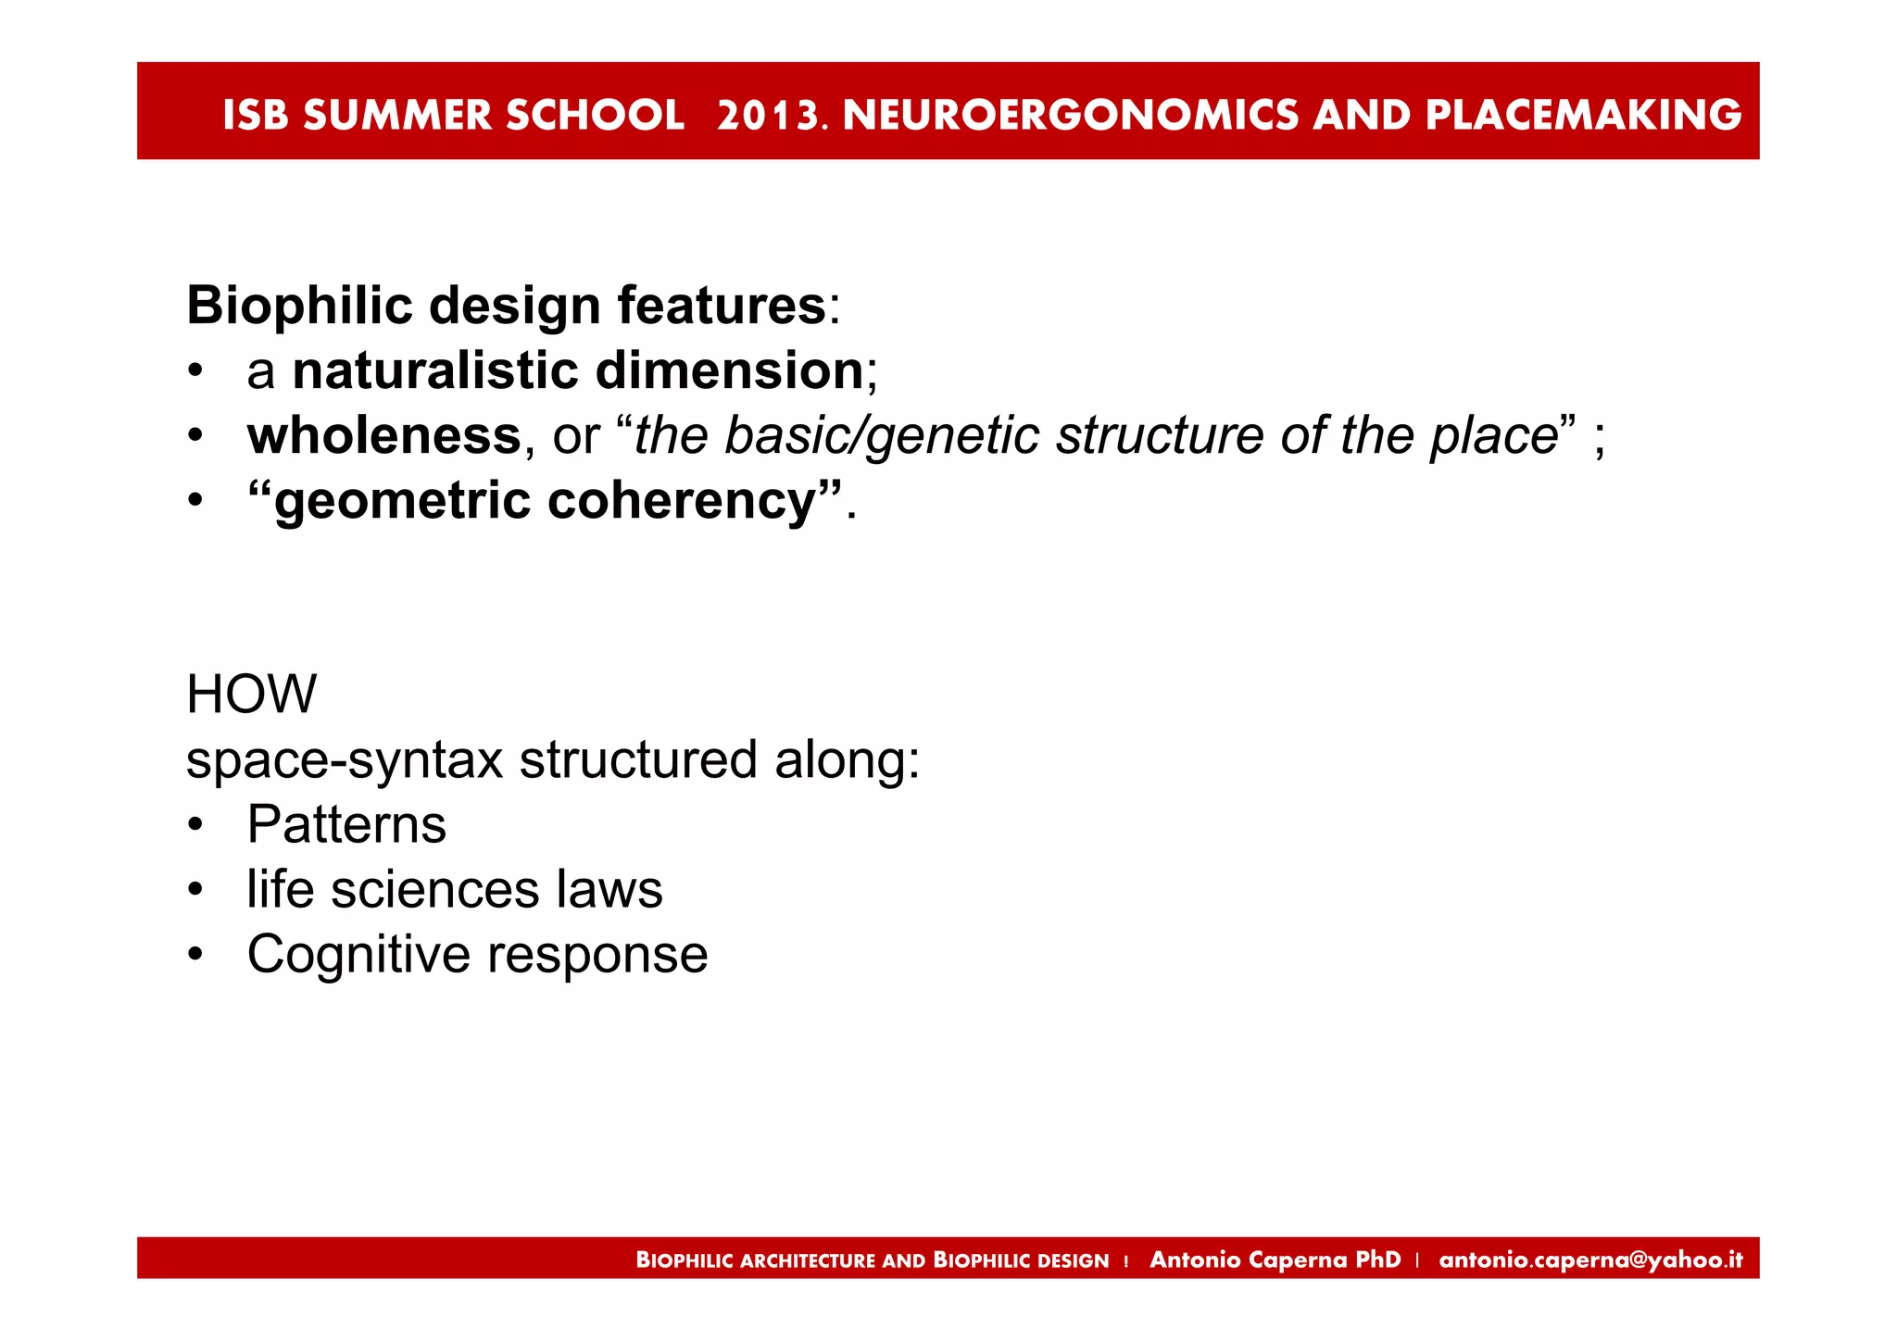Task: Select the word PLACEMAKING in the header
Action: click(1583, 115)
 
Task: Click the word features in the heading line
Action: click(721, 306)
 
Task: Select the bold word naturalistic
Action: click(434, 370)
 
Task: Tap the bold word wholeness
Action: click(383, 435)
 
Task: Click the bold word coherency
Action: click(682, 501)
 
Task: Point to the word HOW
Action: click(251, 695)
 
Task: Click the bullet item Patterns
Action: click(346, 824)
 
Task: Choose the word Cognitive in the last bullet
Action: click(358, 955)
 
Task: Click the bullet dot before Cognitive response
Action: click(195, 954)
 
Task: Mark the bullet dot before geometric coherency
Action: click(195, 501)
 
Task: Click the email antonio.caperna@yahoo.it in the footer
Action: click(1590, 1260)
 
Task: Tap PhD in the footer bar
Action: click(1377, 1260)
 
